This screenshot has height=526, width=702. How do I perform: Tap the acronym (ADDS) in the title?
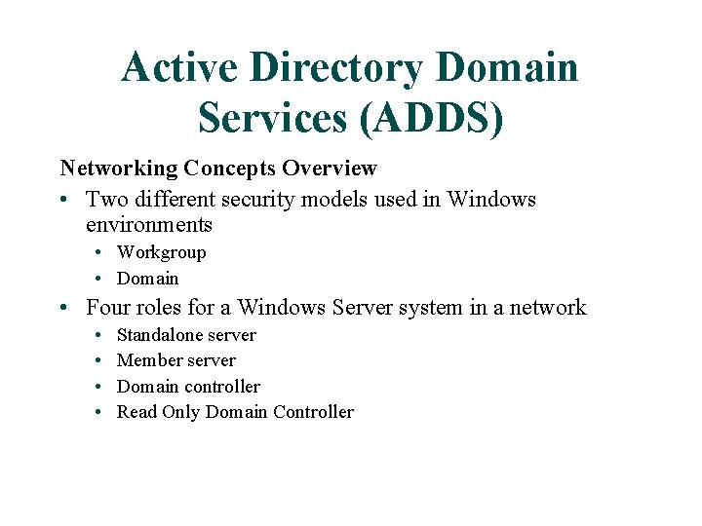(432, 118)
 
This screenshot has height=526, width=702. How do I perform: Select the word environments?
(148, 225)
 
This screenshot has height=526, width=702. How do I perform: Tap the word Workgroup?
(161, 252)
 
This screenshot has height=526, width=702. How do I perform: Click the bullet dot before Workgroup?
(101, 253)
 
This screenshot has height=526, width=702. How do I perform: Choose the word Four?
(108, 308)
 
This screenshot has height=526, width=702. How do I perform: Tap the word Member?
(147, 360)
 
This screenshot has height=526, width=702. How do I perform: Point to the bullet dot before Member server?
(101, 361)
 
